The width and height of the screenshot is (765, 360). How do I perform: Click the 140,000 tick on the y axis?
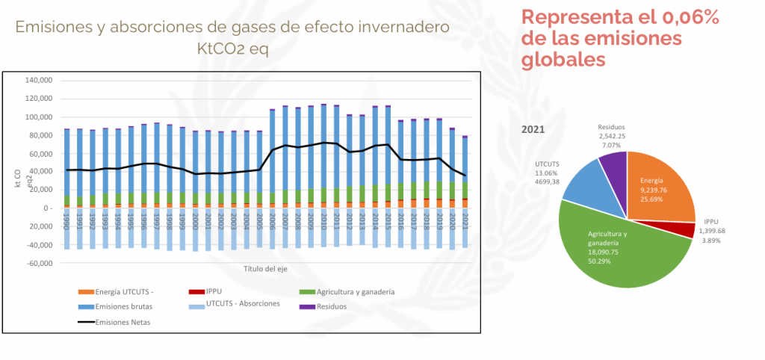click(39, 81)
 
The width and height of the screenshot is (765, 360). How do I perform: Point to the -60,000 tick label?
click(39, 264)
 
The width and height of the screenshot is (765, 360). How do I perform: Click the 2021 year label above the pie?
click(532, 128)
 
